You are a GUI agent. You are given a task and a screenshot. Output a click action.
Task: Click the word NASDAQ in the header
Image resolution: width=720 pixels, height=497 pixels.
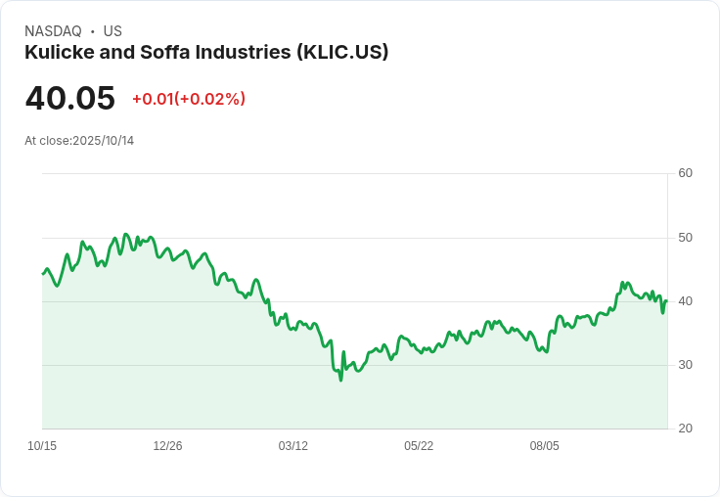click(x=53, y=31)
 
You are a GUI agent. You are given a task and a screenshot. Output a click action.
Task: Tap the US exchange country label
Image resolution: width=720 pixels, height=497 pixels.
click(x=112, y=31)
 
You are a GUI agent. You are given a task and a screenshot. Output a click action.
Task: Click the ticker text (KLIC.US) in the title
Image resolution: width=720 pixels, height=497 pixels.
click(x=342, y=53)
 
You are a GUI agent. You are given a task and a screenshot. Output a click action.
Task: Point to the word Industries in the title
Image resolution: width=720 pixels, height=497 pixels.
click(x=244, y=52)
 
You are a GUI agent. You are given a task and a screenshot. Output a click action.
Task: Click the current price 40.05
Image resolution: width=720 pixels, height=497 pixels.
click(x=69, y=98)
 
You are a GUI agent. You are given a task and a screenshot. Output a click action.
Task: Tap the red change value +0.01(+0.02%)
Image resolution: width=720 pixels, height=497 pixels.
click(x=189, y=99)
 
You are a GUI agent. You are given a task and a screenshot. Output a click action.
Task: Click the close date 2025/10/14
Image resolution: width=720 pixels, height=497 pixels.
click(x=104, y=141)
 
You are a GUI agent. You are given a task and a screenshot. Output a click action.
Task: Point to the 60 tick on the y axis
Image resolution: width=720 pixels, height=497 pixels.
click(x=685, y=173)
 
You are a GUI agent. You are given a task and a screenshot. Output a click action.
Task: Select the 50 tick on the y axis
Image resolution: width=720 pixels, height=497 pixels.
click(x=685, y=238)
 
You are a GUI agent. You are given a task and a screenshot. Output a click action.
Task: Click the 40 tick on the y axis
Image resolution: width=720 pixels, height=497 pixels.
click(x=685, y=301)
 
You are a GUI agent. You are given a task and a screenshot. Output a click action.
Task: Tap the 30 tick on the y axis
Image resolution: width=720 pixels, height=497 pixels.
click(x=685, y=365)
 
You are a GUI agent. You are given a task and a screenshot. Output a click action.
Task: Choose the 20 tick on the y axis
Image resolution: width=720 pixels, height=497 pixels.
click(x=685, y=429)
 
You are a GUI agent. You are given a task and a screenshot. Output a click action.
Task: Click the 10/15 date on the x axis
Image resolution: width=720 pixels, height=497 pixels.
click(x=42, y=446)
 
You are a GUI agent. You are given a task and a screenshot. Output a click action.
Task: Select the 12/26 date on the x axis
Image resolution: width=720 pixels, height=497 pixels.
click(x=167, y=446)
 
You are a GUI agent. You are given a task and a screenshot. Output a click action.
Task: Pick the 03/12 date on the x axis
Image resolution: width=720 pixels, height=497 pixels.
click(x=292, y=446)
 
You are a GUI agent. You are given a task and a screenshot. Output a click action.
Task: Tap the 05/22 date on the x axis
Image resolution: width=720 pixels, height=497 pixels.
click(x=419, y=446)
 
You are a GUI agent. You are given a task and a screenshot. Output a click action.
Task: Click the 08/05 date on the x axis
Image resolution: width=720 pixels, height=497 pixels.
click(x=545, y=446)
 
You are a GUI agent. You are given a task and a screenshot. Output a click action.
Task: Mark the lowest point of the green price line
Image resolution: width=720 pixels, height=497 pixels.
click(x=340, y=381)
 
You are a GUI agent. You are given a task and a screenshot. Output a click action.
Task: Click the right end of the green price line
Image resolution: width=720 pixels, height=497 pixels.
click(x=667, y=301)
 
